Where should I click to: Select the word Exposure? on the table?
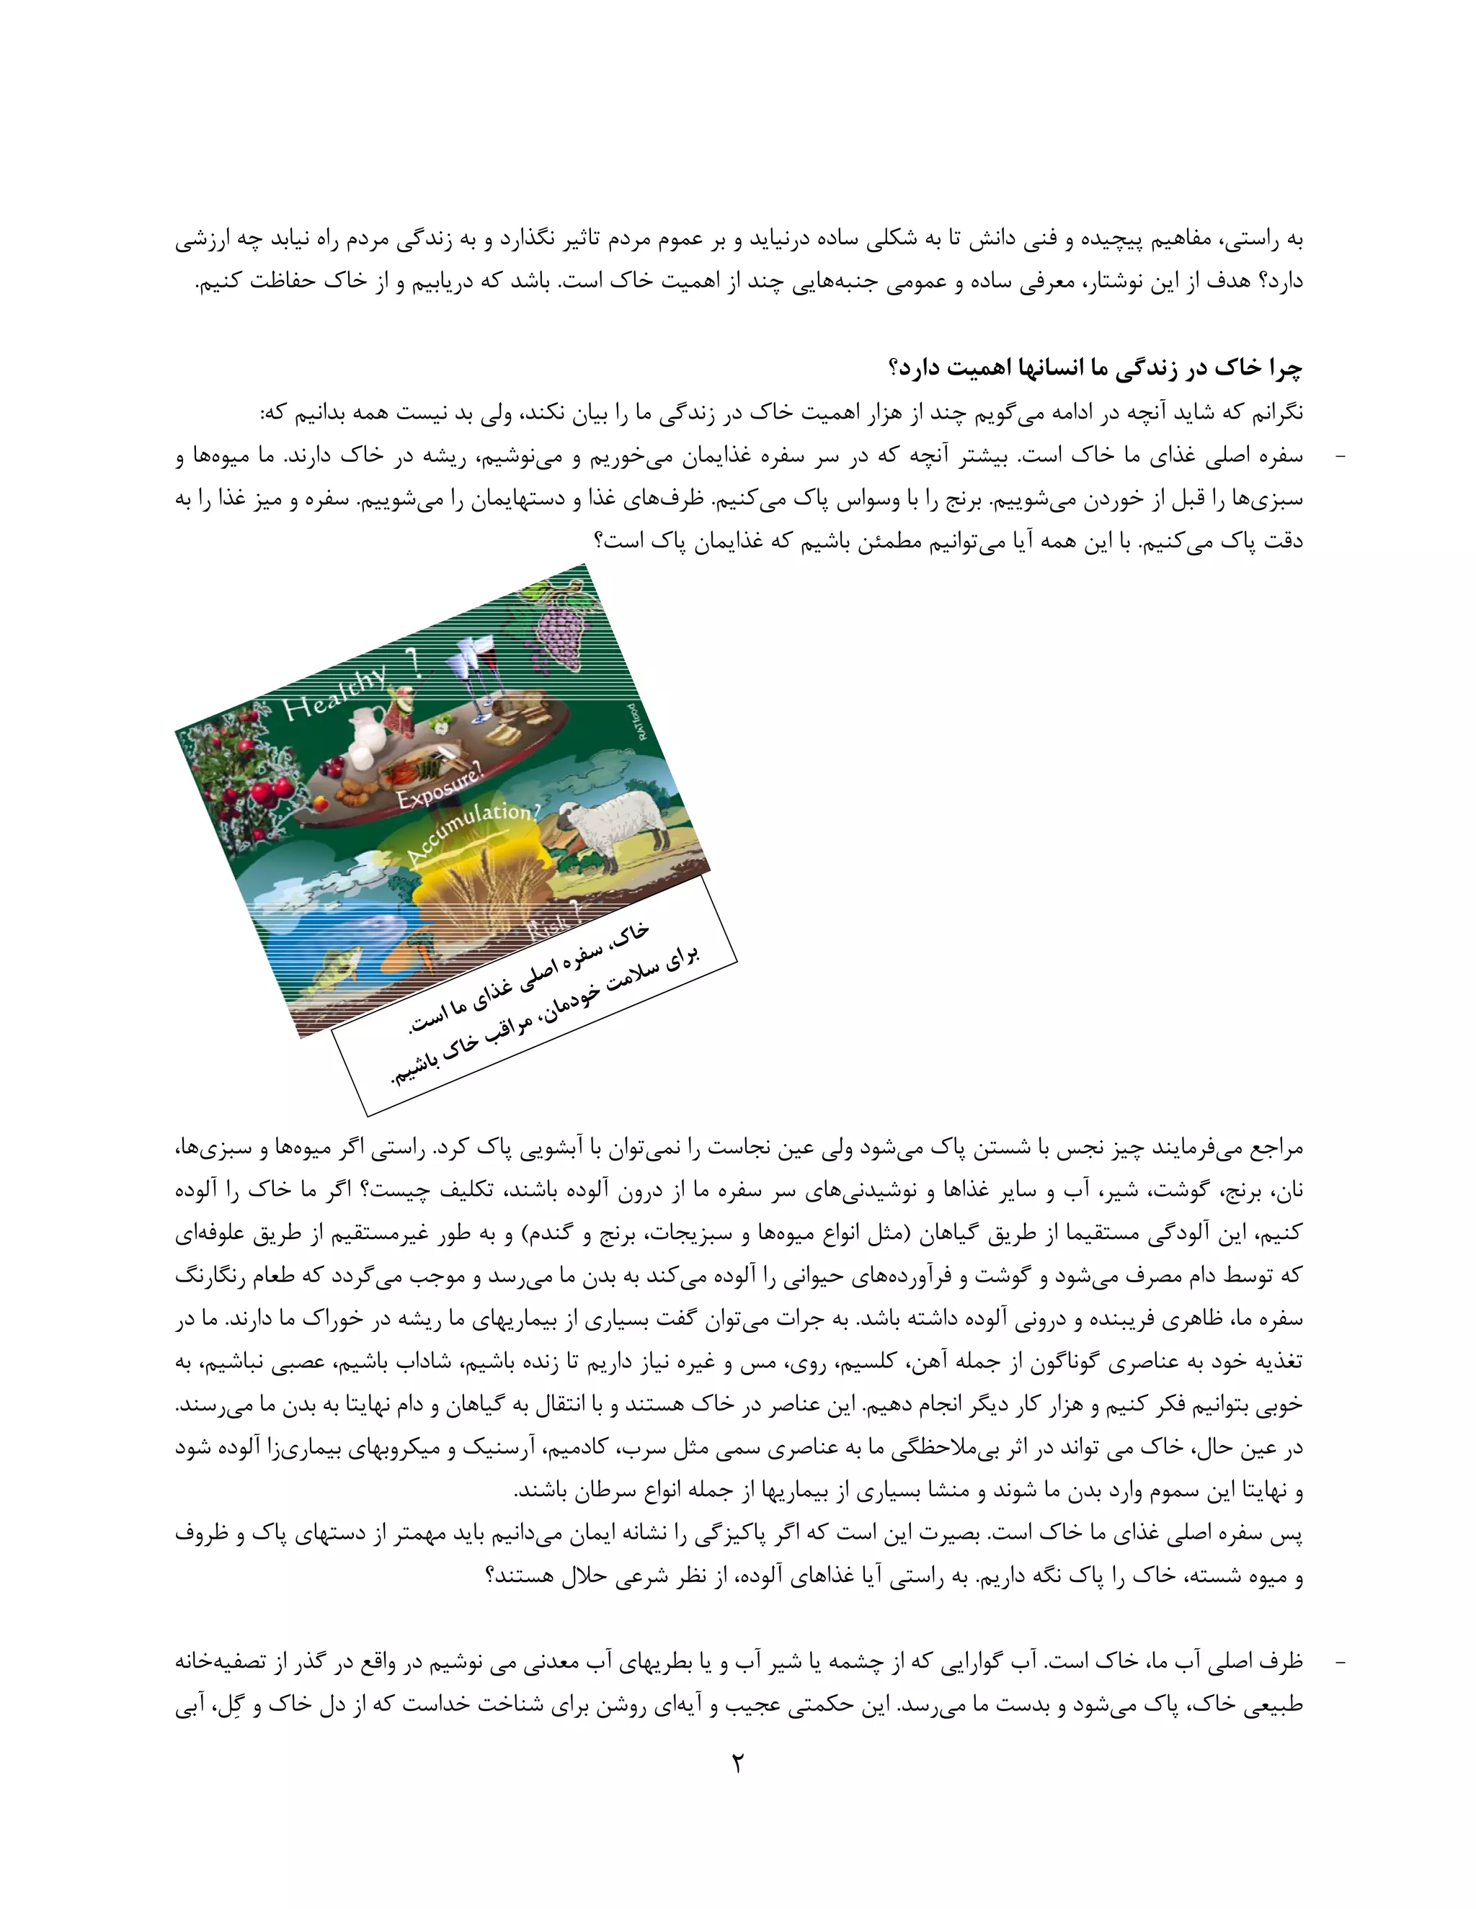[x=438, y=786]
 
